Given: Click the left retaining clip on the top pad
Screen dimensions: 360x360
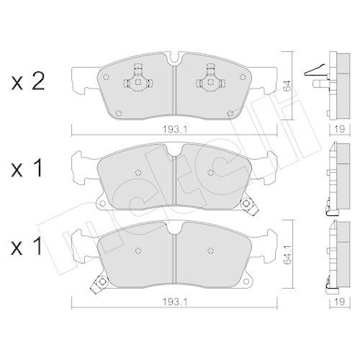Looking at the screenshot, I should click(x=135, y=76).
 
